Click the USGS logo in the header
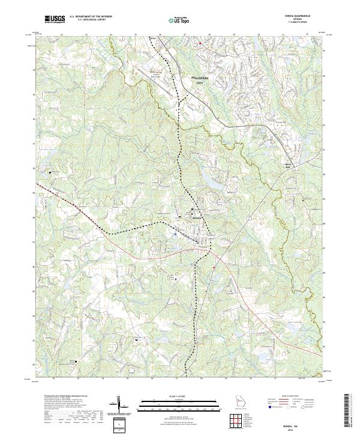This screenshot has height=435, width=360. tap(55, 19)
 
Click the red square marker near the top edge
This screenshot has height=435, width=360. tap(200, 43)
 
